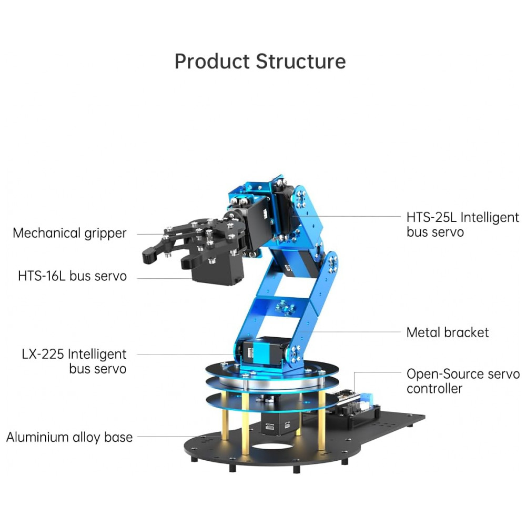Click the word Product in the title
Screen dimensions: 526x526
click(213, 62)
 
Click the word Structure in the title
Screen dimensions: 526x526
click(301, 62)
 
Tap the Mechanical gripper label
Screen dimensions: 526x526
click(69, 233)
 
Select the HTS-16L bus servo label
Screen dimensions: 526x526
click(72, 276)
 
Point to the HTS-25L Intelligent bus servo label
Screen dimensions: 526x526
click(462, 225)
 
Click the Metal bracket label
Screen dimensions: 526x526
click(447, 332)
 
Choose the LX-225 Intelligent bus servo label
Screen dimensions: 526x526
click(74, 361)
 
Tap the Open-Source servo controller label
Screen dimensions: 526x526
click(462, 381)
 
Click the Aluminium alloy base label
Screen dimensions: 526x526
click(69, 437)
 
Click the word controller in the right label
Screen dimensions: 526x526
click(434, 389)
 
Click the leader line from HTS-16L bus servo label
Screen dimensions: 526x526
click(158, 276)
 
